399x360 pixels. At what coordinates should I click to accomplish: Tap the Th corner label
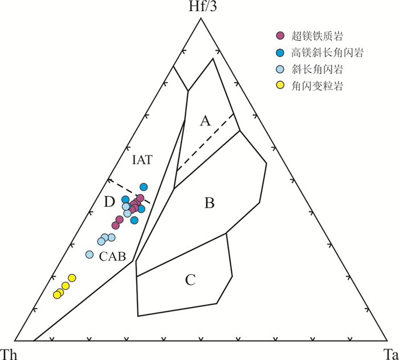coord(10,353)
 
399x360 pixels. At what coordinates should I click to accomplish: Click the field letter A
coord(206,120)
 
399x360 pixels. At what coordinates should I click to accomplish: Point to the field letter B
coord(209,203)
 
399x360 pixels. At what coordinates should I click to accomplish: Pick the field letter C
coord(190,280)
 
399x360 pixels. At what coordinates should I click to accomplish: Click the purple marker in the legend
coord(280,36)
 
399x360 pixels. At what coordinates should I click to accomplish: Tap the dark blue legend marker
coord(280,52)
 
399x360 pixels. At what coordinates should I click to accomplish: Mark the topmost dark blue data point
coord(144,187)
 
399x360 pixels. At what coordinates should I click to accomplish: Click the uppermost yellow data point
coord(72,278)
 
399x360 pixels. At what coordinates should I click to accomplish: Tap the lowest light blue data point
coord(89,254)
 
